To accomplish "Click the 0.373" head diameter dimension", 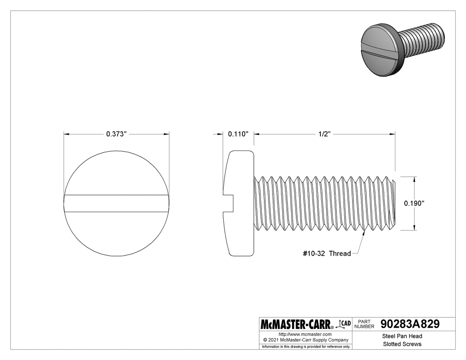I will (x=117, y=134).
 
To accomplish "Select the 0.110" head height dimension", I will (x=238, y=134).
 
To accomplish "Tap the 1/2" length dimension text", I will (x=324, y=134).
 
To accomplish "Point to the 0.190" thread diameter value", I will (x=415, y=203).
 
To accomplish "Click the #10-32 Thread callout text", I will (x=327, y=253).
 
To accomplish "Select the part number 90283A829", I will (x=410, y=324).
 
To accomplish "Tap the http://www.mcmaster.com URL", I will (x=305, y=334).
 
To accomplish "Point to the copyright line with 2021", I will (x=305, y=340).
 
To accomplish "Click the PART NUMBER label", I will (x=364, y=324).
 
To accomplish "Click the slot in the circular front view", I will (x=117, y=203).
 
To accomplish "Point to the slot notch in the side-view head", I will (x=228, y=203).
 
